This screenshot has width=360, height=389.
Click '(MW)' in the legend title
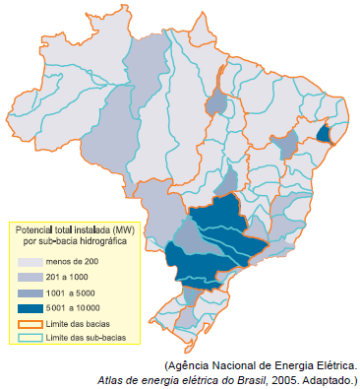click(123, 228)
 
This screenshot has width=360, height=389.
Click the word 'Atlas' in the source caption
click(112, 379)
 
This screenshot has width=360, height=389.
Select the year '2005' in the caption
click(285, 379)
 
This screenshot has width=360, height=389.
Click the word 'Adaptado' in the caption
click(330, 379)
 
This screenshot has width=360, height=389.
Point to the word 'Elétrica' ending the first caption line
click(332, 364)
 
